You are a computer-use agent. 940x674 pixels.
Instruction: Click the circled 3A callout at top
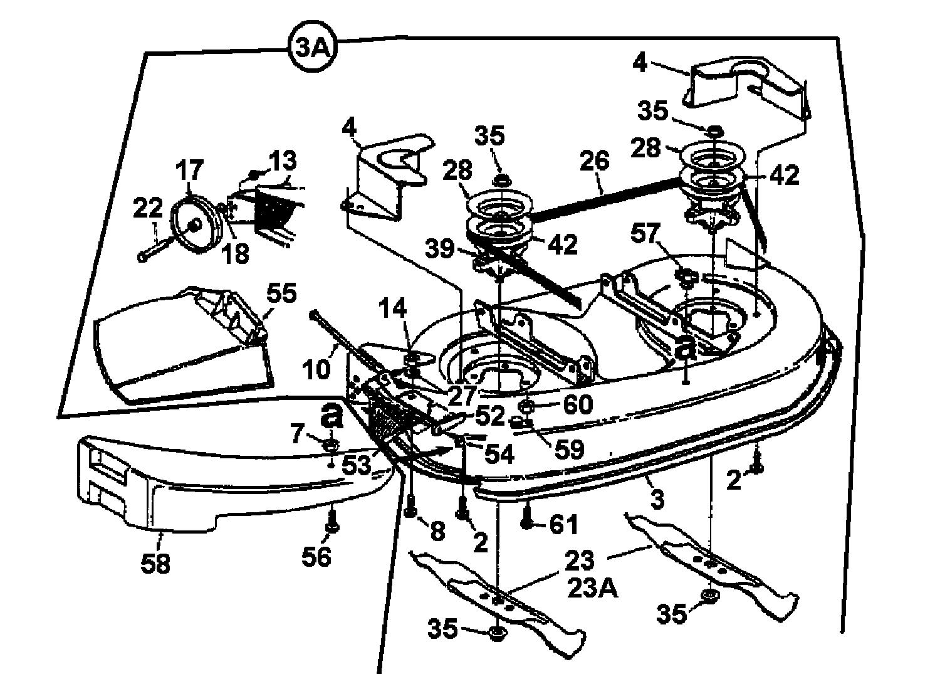[x=311, y=48]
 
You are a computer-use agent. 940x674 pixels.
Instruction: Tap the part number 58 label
[x=155, y=563]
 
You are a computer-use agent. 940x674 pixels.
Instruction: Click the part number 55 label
[x=281, y=293]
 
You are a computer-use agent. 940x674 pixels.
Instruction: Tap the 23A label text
[x=593, y=589]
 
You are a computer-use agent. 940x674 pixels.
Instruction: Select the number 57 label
[x=645, y=235]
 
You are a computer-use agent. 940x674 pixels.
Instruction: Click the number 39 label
[x=439, y=249]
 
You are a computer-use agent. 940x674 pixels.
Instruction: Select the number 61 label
[x=564, y=524]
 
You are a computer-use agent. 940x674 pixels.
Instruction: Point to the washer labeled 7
[x=330, y=445]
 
